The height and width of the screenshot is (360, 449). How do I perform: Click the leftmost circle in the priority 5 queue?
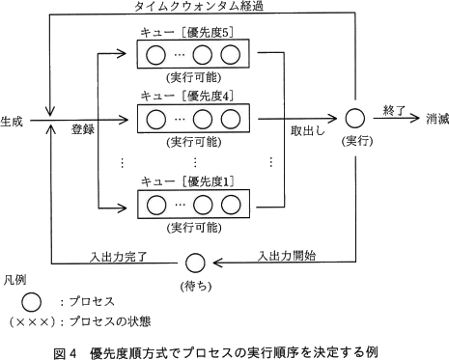pyautogui.click(x=155, y=55)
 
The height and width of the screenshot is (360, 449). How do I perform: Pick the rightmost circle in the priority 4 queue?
pyautogui.click(x=229, y=121)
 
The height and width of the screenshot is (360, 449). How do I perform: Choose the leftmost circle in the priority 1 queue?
pyautogui.click(x=155, y=205)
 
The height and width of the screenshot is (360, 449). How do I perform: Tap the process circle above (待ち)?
pyautogui.click(x=196, y=262)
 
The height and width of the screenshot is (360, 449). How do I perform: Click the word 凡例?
pyautogui.click(x=14, y=278)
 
